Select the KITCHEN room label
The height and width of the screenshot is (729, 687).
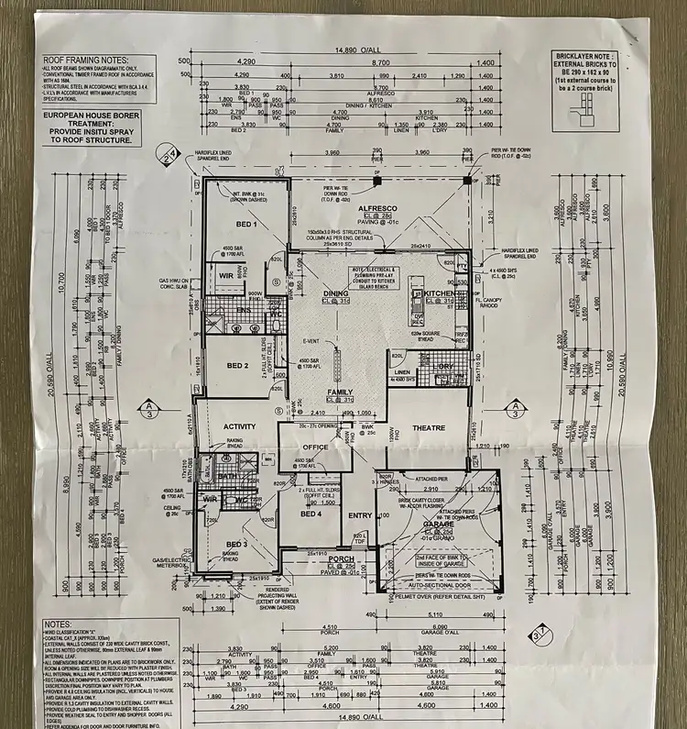pos(439,293)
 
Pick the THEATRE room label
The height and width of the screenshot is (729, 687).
pos(427,428)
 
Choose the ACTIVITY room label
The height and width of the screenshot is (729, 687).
pos(239,426)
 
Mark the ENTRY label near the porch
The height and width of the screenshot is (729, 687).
pos(360,515)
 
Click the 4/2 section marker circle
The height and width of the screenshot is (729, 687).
pos(166,153)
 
